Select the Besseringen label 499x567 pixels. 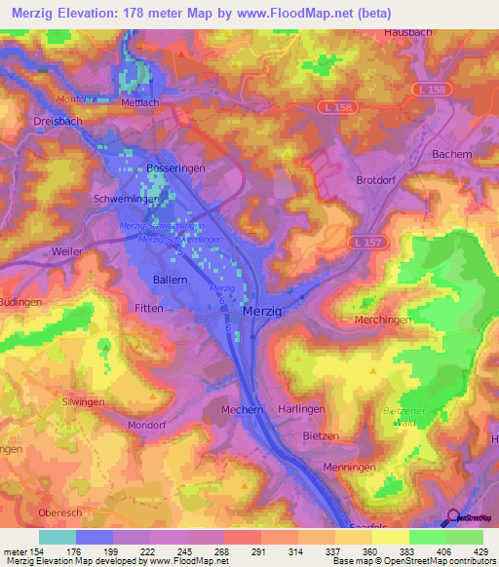click(175, 168)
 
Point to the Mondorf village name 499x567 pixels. click(150, 426)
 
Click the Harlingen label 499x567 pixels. click(300, 410)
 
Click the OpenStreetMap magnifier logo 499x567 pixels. click(452, 517)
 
